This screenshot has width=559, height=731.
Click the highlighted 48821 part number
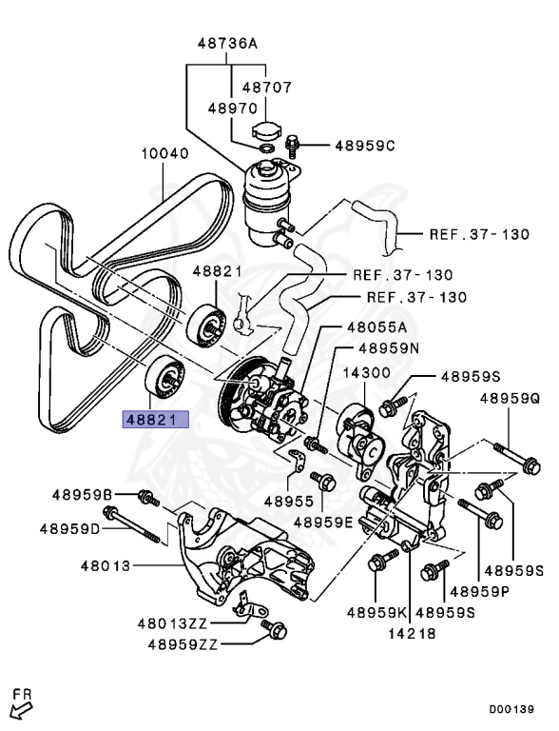155,418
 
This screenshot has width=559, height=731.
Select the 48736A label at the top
227,44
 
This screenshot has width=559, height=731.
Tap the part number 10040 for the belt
165,152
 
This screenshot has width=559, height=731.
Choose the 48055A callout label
376,326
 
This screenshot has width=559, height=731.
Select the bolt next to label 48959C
296,146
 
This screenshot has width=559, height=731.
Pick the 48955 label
288,500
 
